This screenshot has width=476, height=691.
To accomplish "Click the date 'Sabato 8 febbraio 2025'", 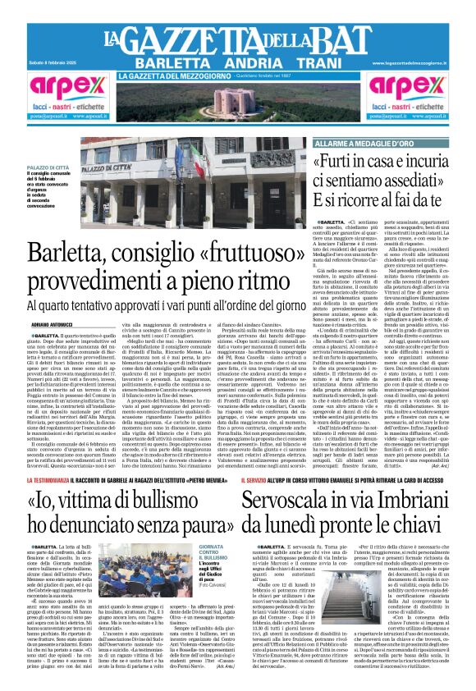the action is (44, 63).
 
